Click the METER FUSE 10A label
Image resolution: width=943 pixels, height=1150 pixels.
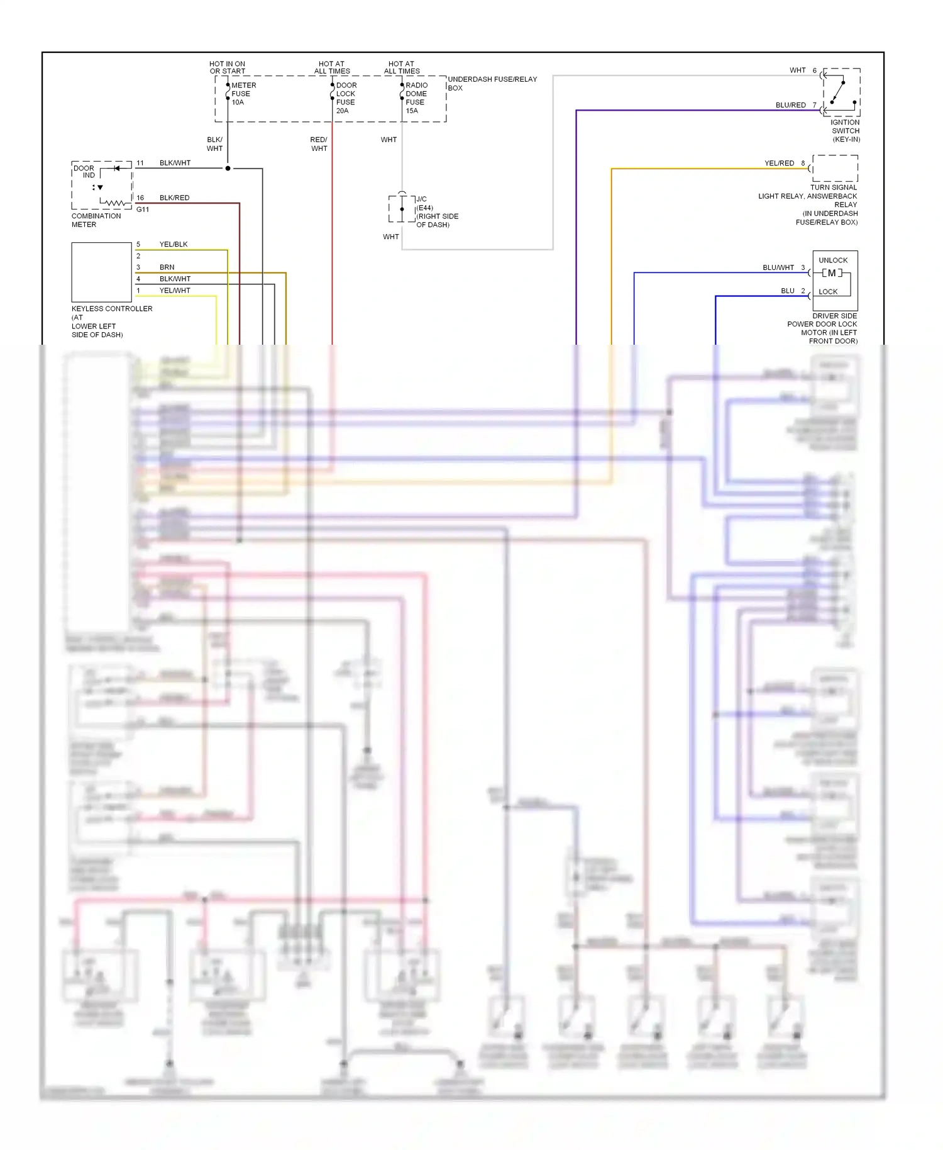pyautogui.click(x=243, y=94)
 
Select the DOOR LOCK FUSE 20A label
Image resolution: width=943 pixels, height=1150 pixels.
pyautogui.click(x=346, y=98)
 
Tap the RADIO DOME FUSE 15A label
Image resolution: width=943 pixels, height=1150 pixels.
pyautogui.click(x=416, y=98)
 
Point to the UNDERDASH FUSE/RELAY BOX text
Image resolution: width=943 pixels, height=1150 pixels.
pyautogui.click(x=492, y=83)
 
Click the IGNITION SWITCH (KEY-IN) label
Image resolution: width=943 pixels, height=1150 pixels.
pyautogui.click(x=845, y=131)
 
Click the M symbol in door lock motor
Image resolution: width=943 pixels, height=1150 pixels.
pyautogui.click(x=832, y=273)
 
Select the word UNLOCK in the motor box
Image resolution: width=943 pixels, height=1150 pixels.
pyautogui.click(x=833, y=260)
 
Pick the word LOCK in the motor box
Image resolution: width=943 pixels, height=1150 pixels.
pyautogui.click(x=828, y=292)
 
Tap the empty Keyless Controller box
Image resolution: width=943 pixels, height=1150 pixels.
pyautogui.click(x=101, y=272)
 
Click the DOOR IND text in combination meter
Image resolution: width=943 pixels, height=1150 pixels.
pyautogui.click(x=84, y=172)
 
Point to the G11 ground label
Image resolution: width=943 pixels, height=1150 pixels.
pyautogui.click(x=143, y=209)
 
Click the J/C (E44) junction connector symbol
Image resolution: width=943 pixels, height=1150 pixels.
pyautogui.click(x=402, y=208)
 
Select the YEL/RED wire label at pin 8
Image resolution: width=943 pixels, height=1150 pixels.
pyautogui.click(x=779, y=164)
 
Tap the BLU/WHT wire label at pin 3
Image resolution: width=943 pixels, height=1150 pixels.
pyautogui.click(x=778, y=268)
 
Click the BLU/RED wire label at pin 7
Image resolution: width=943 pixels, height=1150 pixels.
pyautogui.click(x=790, y=106)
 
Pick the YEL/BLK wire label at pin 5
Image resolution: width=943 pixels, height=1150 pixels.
pyautogui.click(x=174, y=245)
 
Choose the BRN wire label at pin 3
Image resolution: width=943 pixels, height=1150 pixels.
pyautogui.click(x=167, y=267)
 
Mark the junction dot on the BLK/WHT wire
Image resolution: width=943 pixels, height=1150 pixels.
pyautogui.click(x=228, y=169)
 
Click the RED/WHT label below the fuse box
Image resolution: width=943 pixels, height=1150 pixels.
pyautogui.click(x=319, y=144)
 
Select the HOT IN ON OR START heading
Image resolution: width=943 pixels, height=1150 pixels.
pyautogui.click(x=227, y=67)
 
